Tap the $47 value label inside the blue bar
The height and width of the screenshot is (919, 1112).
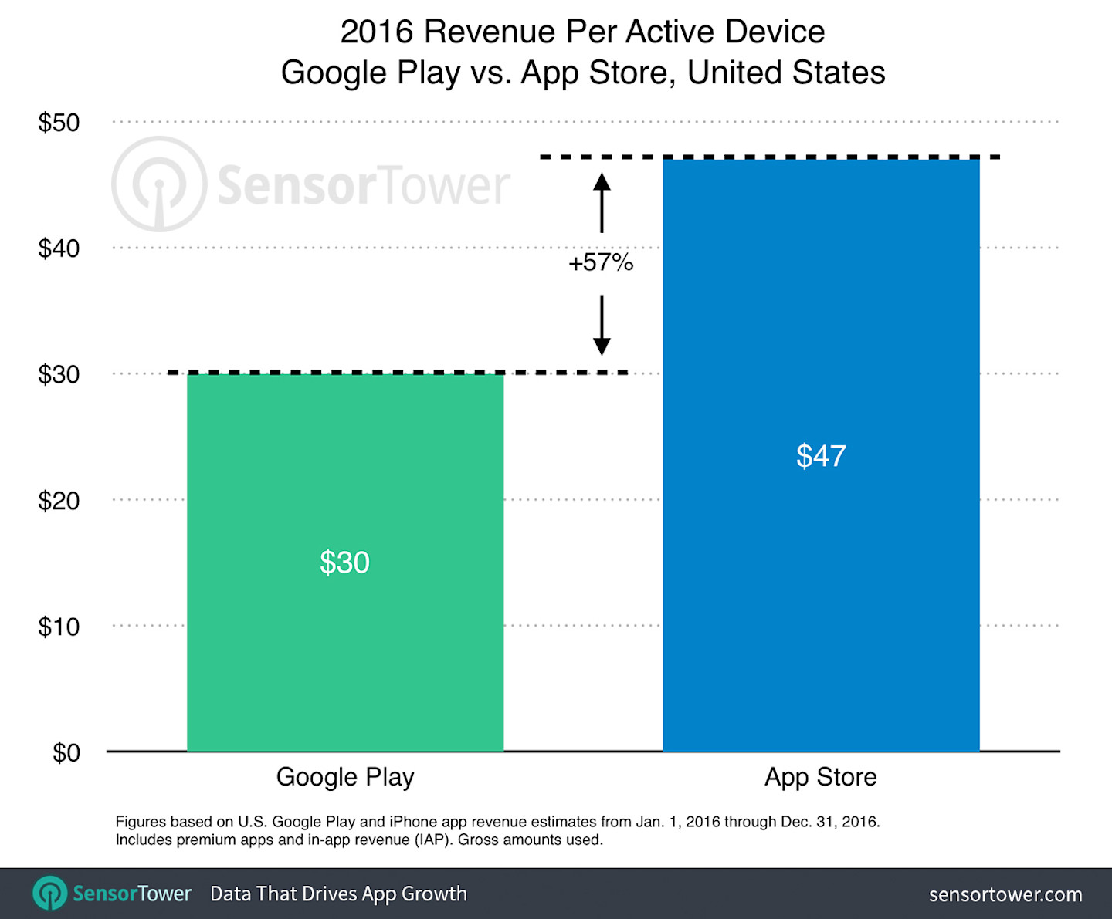point(821,456)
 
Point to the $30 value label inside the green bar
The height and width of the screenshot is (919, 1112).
point(345,563)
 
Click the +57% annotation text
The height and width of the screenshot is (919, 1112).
point(601,263)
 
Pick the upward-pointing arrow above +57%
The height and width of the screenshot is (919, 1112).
point(602,202)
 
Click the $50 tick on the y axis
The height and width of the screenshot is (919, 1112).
point(59,123)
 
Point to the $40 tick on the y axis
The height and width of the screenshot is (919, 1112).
point(59,248)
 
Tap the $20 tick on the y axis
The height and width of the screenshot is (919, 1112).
point(59,501)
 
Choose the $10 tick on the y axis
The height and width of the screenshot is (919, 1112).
point(59,627)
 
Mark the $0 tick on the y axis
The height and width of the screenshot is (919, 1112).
point(66,752)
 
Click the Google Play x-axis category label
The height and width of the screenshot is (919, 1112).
point(345,777)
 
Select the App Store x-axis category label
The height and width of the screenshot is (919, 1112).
point(821,777)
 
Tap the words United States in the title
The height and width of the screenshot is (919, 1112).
point(786,73)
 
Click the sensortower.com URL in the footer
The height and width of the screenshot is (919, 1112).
point(1005,894)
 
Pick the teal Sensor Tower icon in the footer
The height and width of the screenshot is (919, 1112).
point(50,894)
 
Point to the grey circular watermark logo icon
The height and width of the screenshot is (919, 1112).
point(159,184)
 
